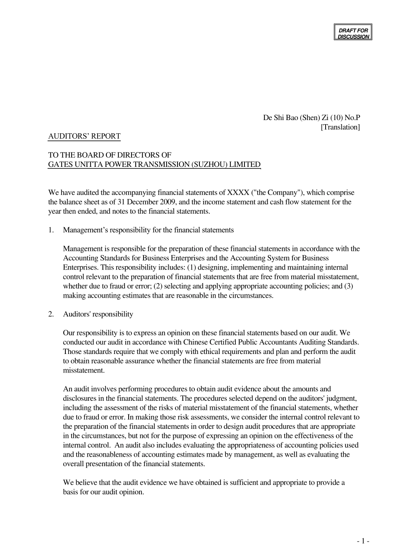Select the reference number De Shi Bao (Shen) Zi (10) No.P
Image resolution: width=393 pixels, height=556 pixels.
[x=312, y=118]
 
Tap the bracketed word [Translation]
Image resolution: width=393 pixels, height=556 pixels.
[x=340, y=127]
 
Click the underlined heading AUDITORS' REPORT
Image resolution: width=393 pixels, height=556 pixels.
[x=84, y=136]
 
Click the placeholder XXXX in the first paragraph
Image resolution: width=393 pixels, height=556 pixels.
[x=238, y=193]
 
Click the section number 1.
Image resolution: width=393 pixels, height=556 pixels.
[x=51, y=230]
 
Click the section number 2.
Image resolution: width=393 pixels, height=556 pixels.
[x=51, y=314]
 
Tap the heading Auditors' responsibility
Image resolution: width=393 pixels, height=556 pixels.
[x=98, y=314]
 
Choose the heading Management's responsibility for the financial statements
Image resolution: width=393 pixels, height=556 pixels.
[x=148, y=230]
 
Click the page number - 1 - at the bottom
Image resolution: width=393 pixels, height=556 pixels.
[x=363, y=541]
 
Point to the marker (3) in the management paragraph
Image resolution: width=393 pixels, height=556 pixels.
[x=349, y=286]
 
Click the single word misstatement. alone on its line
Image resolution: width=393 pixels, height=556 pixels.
[x=84, y=371]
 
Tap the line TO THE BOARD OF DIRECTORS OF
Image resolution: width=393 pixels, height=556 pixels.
[x=110, y=155]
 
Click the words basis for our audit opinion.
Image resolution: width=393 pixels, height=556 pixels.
[x=103, y=492]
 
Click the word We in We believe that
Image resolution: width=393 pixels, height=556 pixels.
[x=68, y=483]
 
